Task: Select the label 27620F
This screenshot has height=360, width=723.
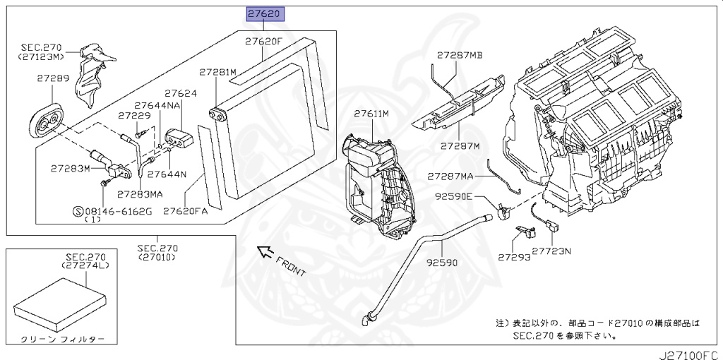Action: pos(263,42)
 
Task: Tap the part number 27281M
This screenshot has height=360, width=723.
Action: pos(217,72)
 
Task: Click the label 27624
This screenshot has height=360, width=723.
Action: pos(181,93)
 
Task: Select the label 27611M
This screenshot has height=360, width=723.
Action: pos(372,113)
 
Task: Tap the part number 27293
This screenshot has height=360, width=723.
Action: pos(513,258)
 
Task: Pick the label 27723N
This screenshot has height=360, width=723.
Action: pos(551,250)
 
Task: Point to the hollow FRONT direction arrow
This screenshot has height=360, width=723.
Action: pos(265,250)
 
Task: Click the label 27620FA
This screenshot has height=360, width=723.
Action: pos(185,211)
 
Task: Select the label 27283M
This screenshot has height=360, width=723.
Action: pos(71,168)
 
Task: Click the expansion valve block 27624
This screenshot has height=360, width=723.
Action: pos(179,136)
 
